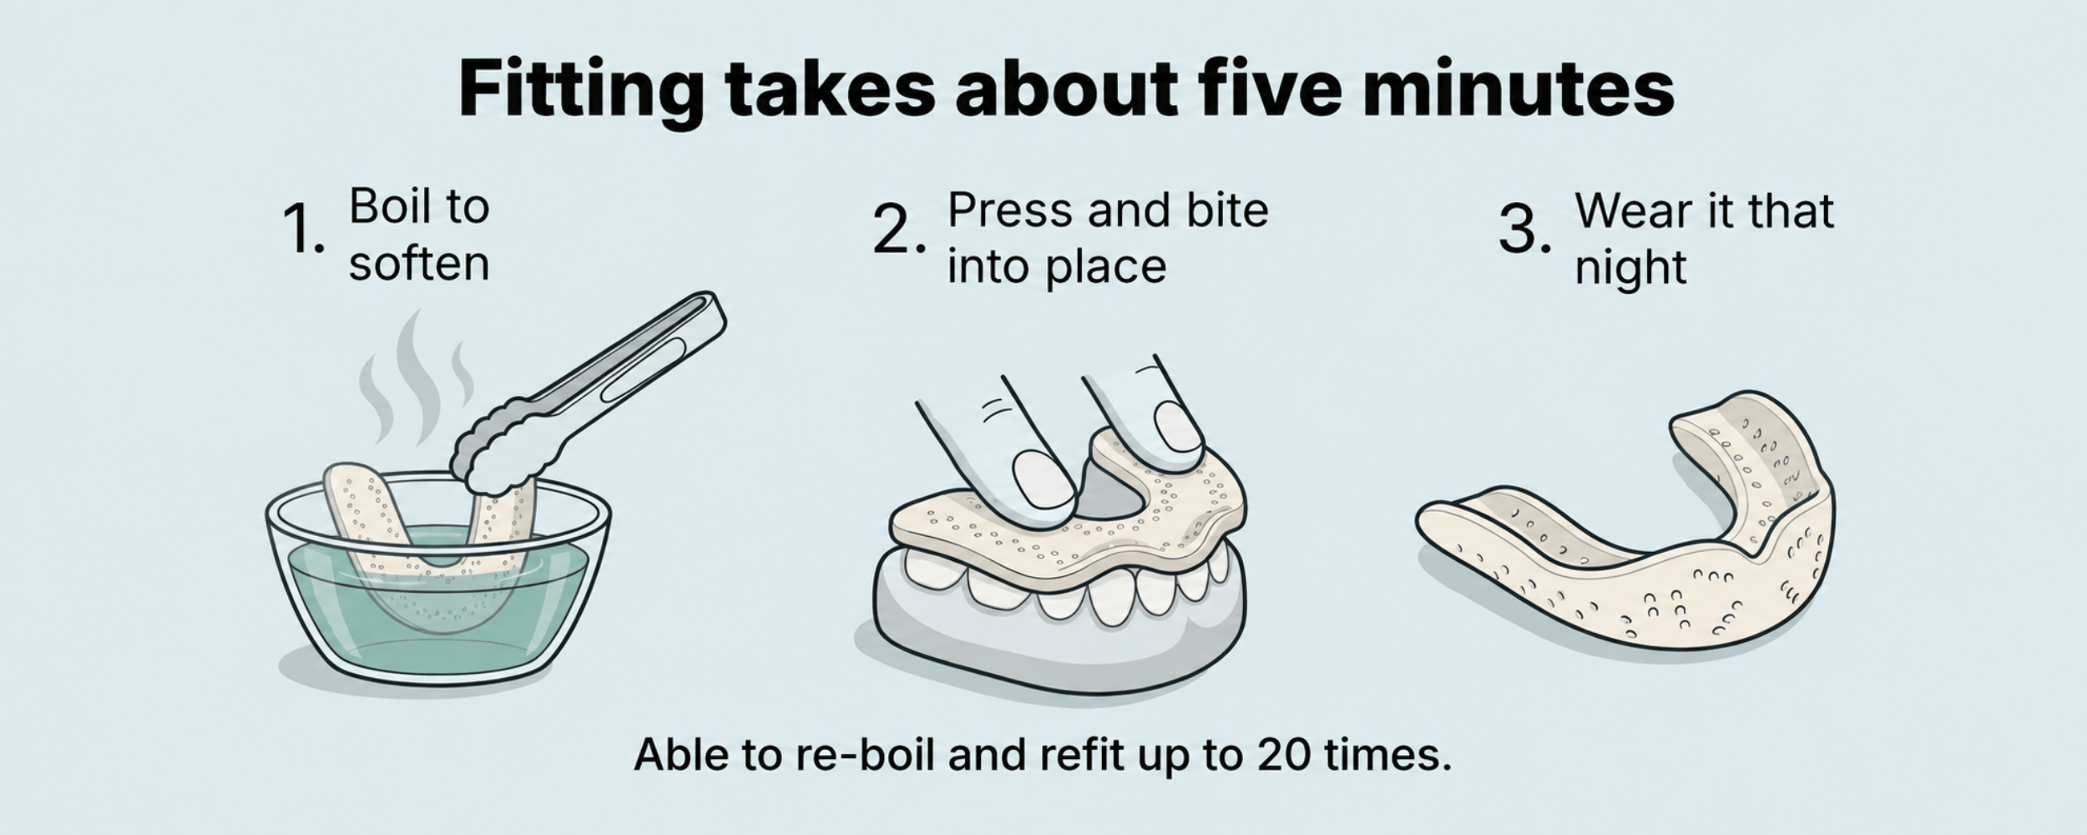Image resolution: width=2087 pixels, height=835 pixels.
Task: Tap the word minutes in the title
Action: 1519,87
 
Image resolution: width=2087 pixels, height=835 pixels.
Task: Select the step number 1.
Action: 303,229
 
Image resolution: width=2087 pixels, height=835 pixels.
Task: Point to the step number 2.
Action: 899,229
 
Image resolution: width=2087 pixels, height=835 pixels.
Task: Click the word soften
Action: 419,264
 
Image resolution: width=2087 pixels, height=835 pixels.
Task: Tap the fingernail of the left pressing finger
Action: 1043,479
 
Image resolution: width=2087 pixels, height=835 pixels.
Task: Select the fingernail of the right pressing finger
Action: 1178,428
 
